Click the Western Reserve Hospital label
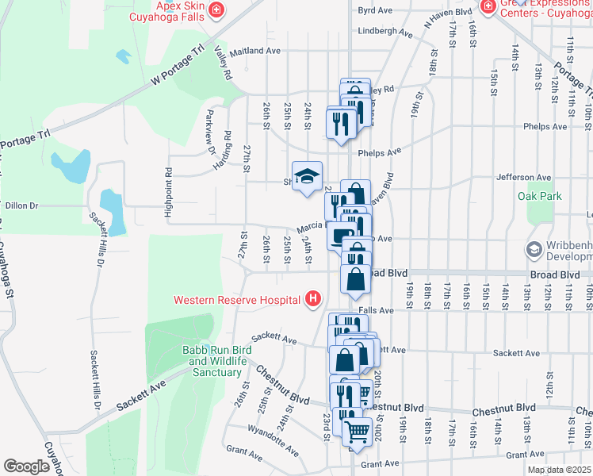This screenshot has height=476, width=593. [x=238, y=299]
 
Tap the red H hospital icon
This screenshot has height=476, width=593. [x=314, y=299]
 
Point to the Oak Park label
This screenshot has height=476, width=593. [x=539, y=195]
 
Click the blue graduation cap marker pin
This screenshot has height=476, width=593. [x=308, y=177]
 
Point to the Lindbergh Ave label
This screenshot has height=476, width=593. [x=385, y=33]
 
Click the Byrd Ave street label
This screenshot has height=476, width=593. [x=375, y=11]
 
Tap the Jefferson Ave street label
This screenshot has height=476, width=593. [x=522, y=178]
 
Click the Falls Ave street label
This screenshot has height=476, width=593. [x=376, y=311]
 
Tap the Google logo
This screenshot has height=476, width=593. [x=26, y=466]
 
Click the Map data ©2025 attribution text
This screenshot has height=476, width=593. [x=559, y=470]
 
